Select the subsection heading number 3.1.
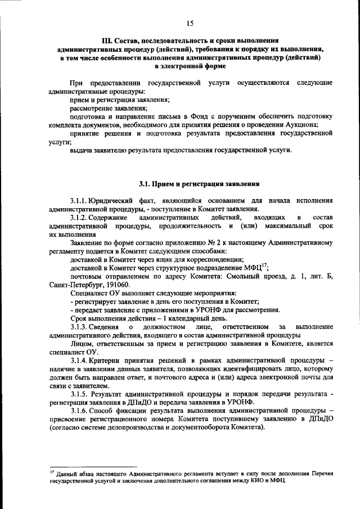pos(145,184)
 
